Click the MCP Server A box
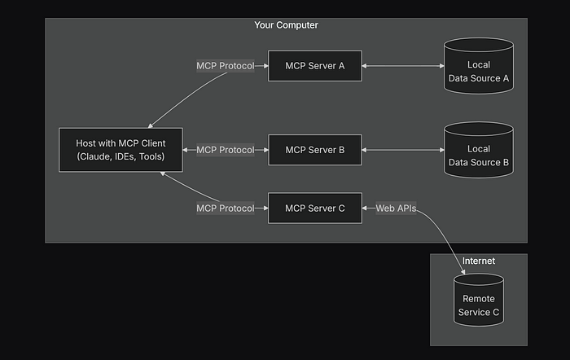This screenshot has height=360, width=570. tap(315, 66)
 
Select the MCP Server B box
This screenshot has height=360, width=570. tap(315, 150)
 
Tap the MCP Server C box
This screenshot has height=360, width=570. tap(315, 208)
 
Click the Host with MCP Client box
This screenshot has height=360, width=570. tap(121, 150)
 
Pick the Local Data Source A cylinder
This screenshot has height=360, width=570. tap(479, 66)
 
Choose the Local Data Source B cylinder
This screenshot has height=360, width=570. tap(479, 150)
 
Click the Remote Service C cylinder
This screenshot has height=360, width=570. tap(479, 300)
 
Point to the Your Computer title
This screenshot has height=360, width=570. tap(286, 25)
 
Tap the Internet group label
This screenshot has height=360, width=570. tap(479, 261)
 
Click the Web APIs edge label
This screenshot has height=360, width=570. tap(396, 209)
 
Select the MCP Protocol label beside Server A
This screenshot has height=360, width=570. tap(226, 66)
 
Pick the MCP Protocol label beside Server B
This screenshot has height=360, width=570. tap(226, 150)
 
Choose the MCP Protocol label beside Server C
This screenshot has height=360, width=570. tap(226, 209)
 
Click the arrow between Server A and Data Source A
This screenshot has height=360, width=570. tap(403, 66)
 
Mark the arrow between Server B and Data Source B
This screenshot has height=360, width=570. tap(403, 150)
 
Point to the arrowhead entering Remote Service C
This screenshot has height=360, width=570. tap(463, 272)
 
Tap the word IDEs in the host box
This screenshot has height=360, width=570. tap(125, 156)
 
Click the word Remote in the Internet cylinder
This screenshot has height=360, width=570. tap(479, 299)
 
